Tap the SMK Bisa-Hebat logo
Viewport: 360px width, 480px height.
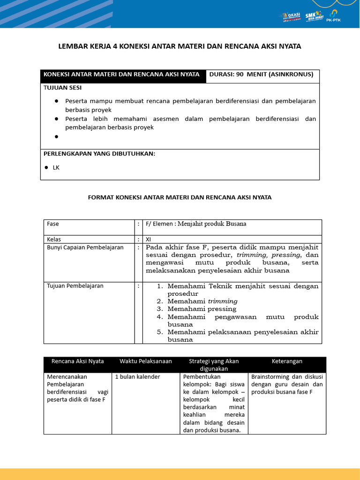click(314, 17)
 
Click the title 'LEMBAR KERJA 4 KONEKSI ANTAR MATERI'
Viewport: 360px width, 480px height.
click(180, 46)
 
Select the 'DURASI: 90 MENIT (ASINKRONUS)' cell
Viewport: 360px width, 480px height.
click(261, 74)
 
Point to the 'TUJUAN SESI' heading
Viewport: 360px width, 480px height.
click(62, 88)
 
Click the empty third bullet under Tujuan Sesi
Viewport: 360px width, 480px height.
click(56, 137)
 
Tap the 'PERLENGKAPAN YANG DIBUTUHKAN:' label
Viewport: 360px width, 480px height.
click(99, 154)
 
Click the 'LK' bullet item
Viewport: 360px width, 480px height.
click(56, 167)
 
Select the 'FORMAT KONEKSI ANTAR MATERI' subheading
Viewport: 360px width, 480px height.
click(180, 197)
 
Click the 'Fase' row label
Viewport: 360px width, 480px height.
click(53, 224)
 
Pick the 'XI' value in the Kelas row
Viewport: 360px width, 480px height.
click(149, 239)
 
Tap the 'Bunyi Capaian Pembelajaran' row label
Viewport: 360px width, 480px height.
click(85, 247)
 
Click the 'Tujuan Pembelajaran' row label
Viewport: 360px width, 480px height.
click(75, 285)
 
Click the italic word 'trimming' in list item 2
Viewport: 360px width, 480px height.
click(222, 301)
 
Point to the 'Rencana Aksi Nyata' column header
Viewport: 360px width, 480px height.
click(78, 361)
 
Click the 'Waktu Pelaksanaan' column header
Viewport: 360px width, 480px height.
click(145, 361)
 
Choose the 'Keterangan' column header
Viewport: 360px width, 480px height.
click(287, 361)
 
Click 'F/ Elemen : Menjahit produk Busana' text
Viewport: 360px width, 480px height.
click(196, 224)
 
